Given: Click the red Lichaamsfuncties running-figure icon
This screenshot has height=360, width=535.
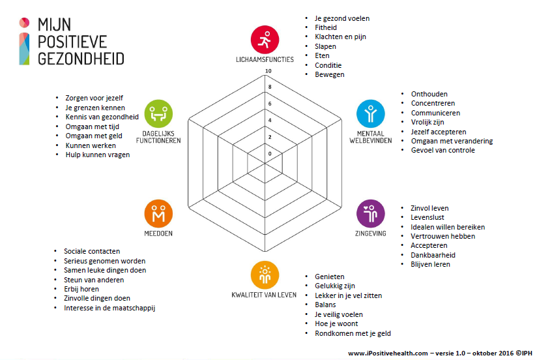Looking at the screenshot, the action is (x=265, y=40).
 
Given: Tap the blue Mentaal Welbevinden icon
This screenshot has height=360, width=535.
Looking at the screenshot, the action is (x=371, y=113).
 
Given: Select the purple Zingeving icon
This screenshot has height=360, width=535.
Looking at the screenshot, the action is (x=371, y=213).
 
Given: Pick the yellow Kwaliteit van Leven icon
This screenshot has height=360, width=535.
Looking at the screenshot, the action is (x=265, y=275).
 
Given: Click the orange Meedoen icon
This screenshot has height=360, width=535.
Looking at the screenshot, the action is (x=158, y=213).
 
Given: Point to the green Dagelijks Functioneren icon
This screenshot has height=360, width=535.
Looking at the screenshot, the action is (x=158, y=113).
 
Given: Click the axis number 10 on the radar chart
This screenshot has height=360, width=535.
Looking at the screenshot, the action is (x=268, y=71).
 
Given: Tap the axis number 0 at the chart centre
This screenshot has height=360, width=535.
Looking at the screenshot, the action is (x=270, y=154).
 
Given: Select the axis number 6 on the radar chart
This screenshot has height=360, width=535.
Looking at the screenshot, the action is (x=270, y=104).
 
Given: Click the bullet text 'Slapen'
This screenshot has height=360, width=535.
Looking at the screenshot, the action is (x=325, y=46).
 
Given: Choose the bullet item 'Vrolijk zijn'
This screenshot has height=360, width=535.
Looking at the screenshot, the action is (x=427, y=122).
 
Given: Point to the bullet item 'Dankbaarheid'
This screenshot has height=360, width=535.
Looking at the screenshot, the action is (x=433, y=255).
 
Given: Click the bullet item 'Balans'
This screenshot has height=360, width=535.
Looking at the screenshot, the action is (x=325, y=305).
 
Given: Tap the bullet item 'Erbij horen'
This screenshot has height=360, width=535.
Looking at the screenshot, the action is (x=81, y=289).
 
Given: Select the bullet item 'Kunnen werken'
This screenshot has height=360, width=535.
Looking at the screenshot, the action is (x=91, y=145).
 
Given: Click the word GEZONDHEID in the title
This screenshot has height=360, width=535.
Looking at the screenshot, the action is (x=81, y=59).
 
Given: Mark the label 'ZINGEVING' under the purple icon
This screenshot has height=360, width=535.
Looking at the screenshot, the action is (x=371, y=233).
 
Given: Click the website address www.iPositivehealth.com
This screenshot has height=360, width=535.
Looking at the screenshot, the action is (x=388, y=353).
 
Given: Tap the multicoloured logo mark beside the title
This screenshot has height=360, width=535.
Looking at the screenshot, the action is (x=24, y=41).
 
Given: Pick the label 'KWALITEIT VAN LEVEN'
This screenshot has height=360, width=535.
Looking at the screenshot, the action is (x=264, y=295).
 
